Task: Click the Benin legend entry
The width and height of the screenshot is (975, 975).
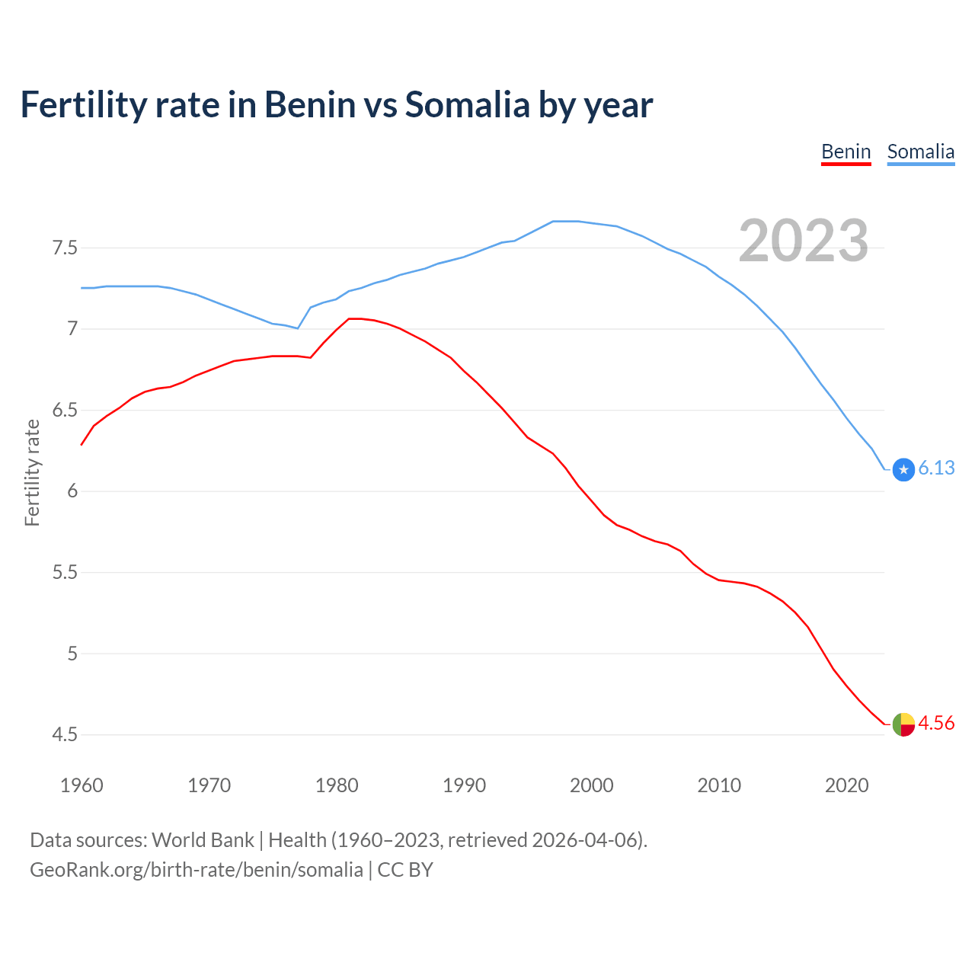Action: pyautogui.click(x=846, y=152)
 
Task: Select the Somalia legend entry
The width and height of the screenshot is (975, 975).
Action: pyautogui.click(x=920, y=152)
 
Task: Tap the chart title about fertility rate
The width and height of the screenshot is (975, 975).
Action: pyautogui.click(x=336, y=104)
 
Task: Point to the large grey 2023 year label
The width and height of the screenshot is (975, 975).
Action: pyautogui.click(x=804, y=241)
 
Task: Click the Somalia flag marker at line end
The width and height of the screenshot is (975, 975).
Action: pyautogui.click(x=903, y=470)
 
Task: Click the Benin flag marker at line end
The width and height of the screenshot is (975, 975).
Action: pyautogui.click(x=903, y=724)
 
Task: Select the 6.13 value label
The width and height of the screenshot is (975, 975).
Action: pyautogui.click(x=936, y=468)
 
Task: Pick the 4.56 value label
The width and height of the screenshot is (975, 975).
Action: pyautogui.click(x=936, y=723)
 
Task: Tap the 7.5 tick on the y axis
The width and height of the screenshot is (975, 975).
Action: pyautogui.click(x=65, y=248)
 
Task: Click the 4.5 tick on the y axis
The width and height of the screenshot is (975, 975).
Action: pyautogui.click(x=65, y=735)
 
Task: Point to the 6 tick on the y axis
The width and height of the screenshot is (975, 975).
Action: pyautogui.click(x=72, y=491)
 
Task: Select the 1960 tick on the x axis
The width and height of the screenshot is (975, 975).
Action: pyautogui.click(x=82, y=785)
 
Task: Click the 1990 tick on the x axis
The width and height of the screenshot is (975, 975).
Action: pyautogui.click(x=464, y=785)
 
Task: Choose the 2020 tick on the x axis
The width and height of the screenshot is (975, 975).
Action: pyautogui.click(x=846, y=785)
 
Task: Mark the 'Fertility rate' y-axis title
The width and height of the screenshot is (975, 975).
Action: pyautogui.click(x=32, y=472)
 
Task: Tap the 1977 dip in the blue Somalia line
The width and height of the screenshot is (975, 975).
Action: pyautogui.click(x=298, y=328)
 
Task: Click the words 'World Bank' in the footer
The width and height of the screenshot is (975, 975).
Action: pyautogui.click(x=203, y=840)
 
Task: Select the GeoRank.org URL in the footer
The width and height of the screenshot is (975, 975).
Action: pyautogui.click(x=197, y=870)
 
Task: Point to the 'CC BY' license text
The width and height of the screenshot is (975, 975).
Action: pyautogui.click(x=405, y=870)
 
